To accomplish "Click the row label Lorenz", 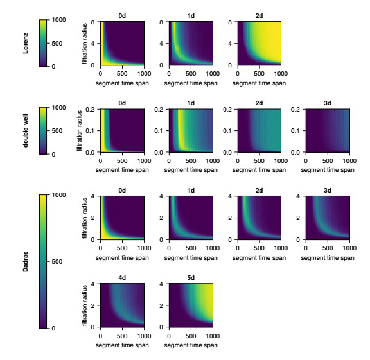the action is tap(26, 43).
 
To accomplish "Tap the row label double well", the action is tap(26, 131).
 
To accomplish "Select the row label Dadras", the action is tap(26, 262).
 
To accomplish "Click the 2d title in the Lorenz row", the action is tap(259, 16).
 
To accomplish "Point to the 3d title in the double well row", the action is tap(328, 103).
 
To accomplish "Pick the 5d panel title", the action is tap(191, 278).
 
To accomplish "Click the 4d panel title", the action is tap(122, 278).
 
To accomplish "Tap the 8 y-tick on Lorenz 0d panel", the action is tap(92, 22).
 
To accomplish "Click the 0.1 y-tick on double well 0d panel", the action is tap(90, 131).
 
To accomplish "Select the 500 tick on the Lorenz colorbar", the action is tap(57, 44).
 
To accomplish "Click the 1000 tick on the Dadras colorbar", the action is tap(58, 195).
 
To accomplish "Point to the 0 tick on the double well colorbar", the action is tap(53, 155).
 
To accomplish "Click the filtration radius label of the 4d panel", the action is tap(85, 305).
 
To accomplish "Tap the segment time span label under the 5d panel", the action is tap(191, 345).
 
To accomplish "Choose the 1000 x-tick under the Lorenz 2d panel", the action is tap(281, 74).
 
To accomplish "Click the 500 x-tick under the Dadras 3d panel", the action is tap(328, 248).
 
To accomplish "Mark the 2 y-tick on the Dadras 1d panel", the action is tap(161, 218).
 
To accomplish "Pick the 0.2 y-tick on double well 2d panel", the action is tap(227, 110).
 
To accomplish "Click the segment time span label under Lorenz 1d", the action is tap(191, 83).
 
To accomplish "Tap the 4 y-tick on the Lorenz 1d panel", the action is tap(161, 44).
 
